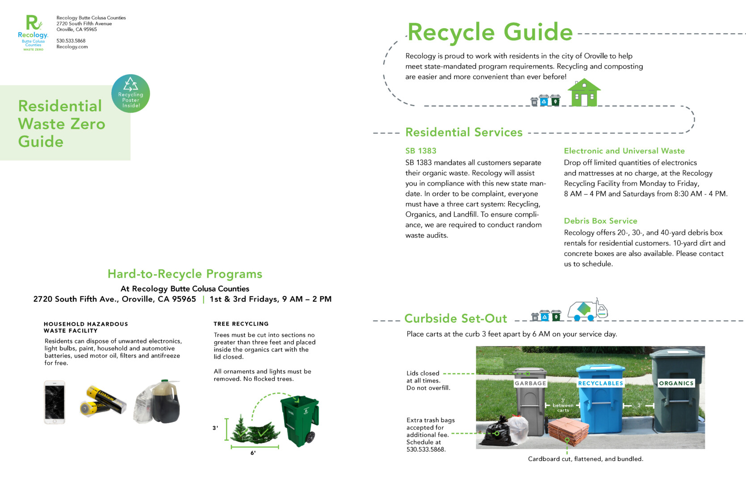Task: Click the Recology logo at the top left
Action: tap(33, 33)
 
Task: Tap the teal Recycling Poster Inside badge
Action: tap(131, 93)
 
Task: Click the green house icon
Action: tap(584, 93)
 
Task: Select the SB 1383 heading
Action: tap(421, 151)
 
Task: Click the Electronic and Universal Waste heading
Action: tap(624, 151)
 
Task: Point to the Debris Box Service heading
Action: tap(600, 221)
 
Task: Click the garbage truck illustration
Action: tap(587, 310)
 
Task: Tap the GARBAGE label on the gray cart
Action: tap(530, 383)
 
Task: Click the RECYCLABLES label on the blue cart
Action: tap(600, 383)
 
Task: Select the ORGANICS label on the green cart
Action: tap(676, 383)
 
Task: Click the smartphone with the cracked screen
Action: tap(55, 402)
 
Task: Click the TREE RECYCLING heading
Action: tap(241, 324)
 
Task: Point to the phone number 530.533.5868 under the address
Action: tap(71, 41)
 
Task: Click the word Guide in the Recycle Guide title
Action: tap(538, 32)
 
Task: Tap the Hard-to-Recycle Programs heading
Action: tap(185, 274)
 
